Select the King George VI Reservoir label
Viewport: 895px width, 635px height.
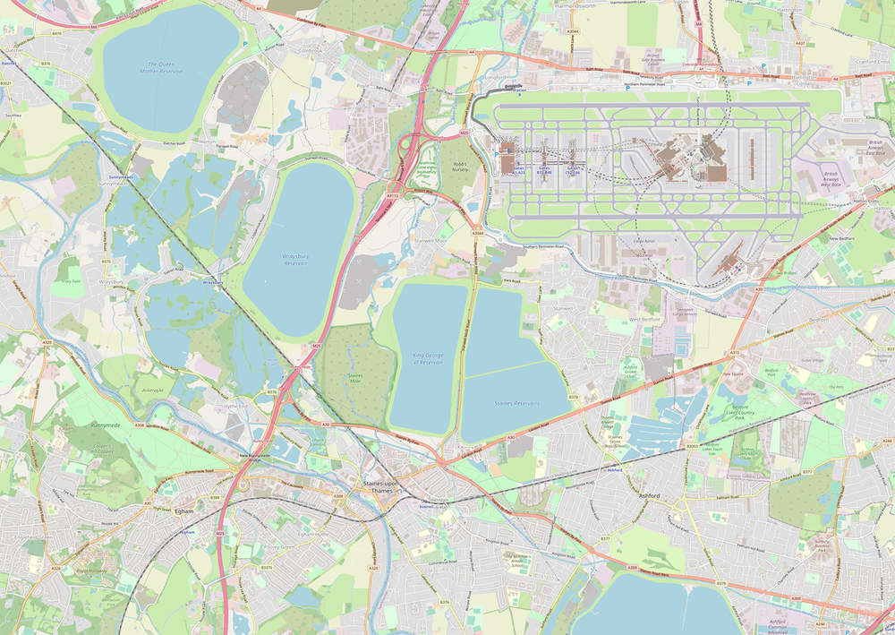[x=427, y=358]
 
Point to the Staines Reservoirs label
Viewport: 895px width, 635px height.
[x=517, y=403]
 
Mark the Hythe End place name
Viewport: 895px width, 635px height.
[x=236, y=405]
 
